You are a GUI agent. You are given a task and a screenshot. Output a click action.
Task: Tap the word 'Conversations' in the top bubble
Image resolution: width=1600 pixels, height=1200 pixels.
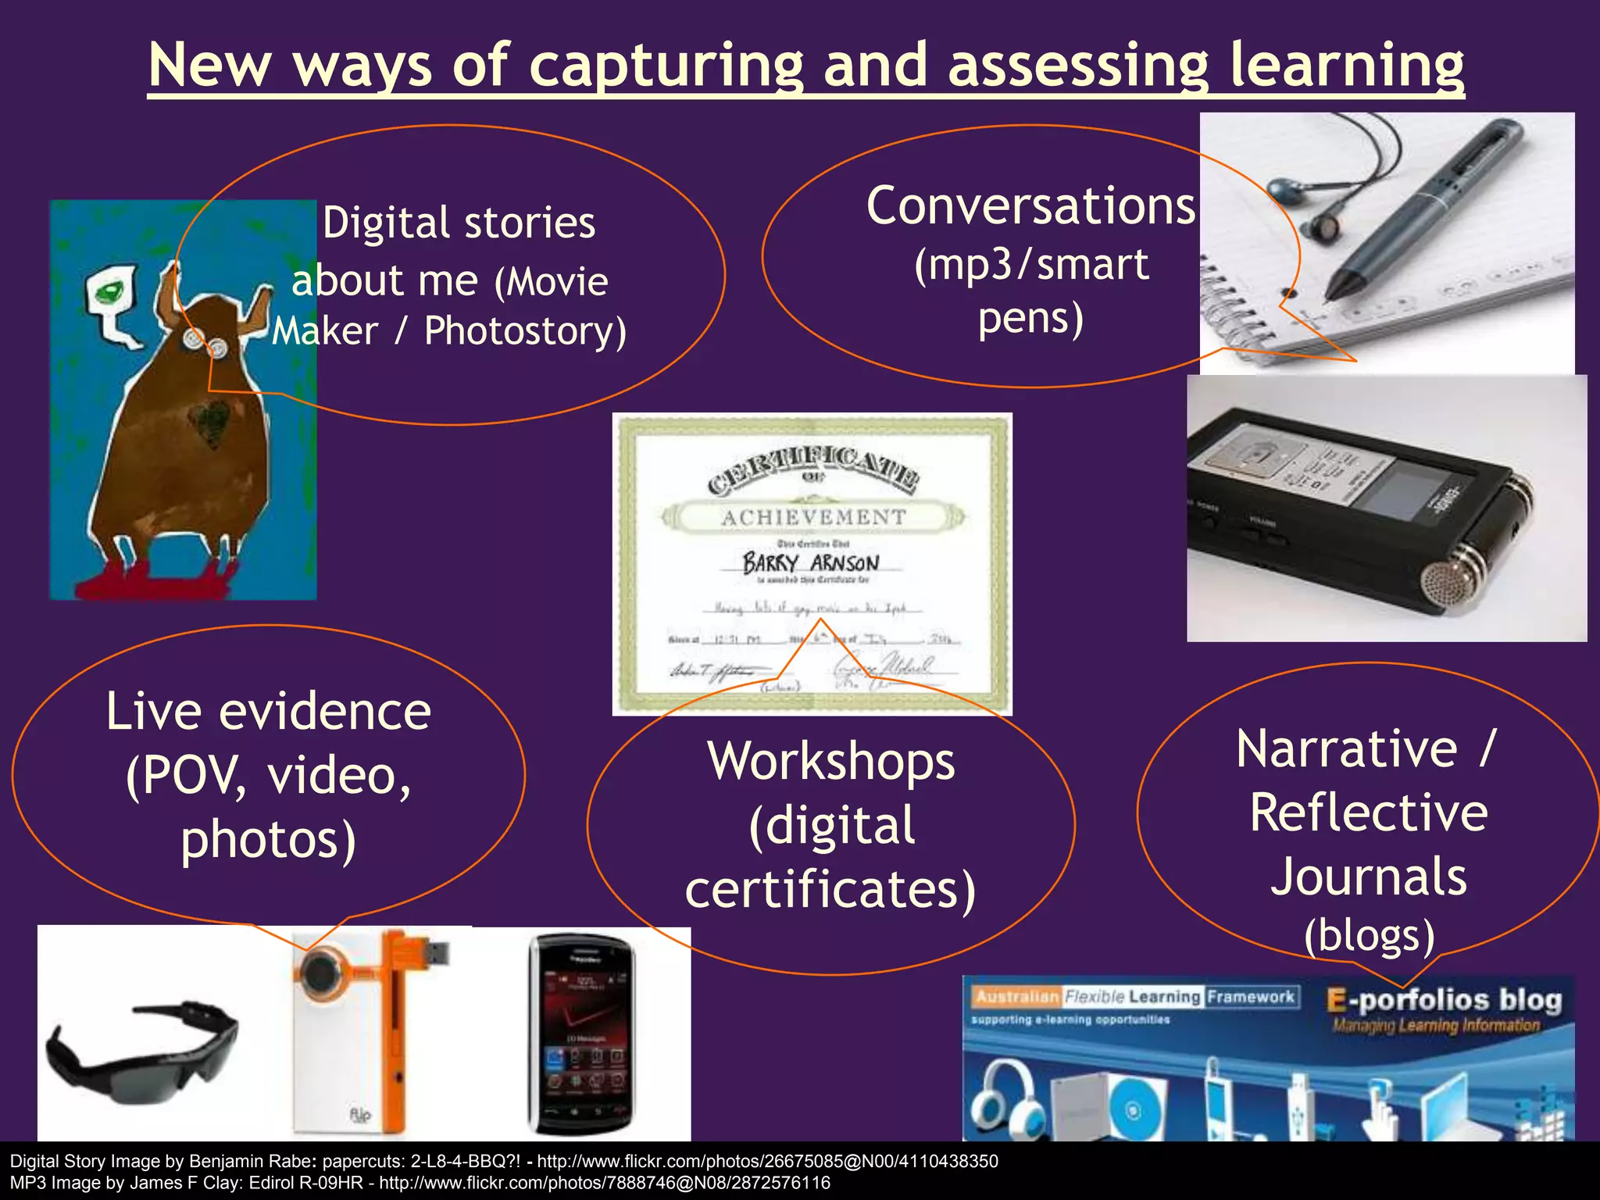tap(1030, 207)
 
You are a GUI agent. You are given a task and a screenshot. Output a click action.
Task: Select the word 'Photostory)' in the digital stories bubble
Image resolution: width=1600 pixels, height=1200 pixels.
tap(525, 331)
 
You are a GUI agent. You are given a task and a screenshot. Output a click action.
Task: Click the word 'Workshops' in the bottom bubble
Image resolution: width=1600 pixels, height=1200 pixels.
tap(830, 761)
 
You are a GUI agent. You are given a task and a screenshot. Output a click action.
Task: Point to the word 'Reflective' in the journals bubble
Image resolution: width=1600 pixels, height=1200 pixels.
tap(1368, 812)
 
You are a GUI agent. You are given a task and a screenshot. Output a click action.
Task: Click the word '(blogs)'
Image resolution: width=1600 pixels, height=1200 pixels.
tap(1369, 934)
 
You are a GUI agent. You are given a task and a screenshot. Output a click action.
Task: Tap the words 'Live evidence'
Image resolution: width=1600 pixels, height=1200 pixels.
tap(268, 712)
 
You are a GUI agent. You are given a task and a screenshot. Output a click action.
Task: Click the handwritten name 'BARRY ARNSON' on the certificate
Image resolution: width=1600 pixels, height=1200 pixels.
tap(811, 562)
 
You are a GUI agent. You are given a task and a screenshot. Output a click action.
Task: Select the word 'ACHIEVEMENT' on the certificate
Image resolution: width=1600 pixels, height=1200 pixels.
tap(813, 517)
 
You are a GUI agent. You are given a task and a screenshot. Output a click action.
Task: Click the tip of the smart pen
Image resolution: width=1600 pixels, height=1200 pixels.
tap(1328, 297)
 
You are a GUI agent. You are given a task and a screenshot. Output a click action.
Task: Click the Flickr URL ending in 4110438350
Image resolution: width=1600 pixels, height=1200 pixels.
tap(767, 1161)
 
